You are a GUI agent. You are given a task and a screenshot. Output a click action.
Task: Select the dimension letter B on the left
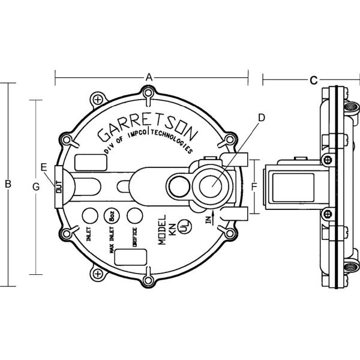8,184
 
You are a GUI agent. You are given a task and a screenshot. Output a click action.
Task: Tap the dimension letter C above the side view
313,80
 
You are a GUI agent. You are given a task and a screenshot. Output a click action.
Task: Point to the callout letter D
261,118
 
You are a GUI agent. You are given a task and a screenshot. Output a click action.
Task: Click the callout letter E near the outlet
43,166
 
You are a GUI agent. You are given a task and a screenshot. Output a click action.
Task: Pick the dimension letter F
254,187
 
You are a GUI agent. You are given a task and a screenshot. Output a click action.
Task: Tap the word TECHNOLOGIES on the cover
174,140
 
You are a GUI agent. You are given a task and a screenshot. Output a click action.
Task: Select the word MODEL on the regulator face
161,229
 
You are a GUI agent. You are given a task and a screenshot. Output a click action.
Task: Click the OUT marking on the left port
58,187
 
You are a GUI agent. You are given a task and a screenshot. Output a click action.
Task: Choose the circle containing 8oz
111,215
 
